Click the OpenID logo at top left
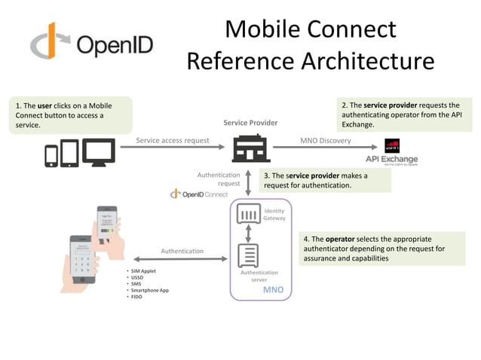(x=90, y=44)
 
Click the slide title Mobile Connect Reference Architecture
(x=311, y=45)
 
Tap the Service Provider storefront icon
(x=250, y=148)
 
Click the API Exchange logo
(x=391, y=152)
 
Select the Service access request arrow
(x=173, y=148)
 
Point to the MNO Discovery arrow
(x=325, y=148)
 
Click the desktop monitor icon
(x=99, y=153)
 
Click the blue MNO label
(x=273, y=290)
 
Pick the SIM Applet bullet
(x=143, y=270)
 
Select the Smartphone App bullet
(x=149, y=290)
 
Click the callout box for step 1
(x=72, y=115)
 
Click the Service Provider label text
(x=250, y=123)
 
